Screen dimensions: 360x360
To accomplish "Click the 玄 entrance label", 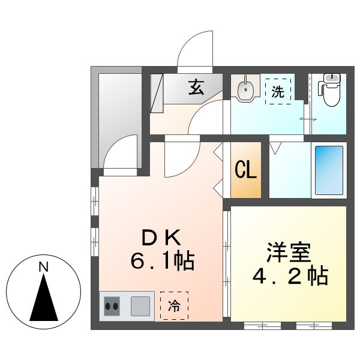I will click(196, 88).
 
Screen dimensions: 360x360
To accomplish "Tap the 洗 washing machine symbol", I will click(278, 92).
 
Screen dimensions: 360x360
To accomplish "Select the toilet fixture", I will click(329, 91).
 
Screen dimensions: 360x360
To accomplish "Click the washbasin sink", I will click(245, 90).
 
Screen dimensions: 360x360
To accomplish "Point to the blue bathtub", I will click(328, 170).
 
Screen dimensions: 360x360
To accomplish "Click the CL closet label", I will click(246, 170).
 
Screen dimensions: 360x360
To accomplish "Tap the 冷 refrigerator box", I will click(174, 307).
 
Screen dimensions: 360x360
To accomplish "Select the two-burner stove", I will click(112, 306).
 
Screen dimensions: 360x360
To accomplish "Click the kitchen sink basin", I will click(142, 306).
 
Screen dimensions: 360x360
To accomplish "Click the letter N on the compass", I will click(43, 268).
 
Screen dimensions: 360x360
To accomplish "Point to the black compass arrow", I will click(44, 298).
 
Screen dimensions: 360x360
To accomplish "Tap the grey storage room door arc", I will click(120, 151).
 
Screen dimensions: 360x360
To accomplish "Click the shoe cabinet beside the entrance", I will click(157, 92).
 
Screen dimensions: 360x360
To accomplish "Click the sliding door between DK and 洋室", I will click(226, 264).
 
